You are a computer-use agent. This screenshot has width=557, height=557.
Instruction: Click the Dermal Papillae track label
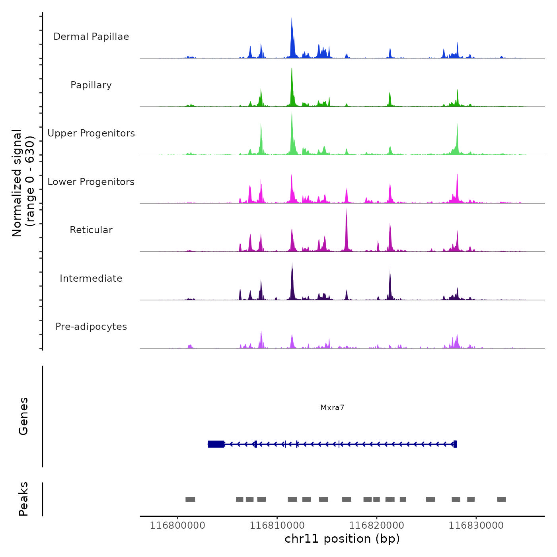pos(91,37)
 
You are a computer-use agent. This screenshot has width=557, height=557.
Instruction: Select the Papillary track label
pos(91,85)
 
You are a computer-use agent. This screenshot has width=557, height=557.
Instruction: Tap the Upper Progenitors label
pos(91,133)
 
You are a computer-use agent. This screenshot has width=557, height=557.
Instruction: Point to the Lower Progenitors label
pos(91,182)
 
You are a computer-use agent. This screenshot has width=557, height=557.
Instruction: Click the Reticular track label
pos(91,230)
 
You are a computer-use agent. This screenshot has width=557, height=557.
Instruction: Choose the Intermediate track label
pos(91,278)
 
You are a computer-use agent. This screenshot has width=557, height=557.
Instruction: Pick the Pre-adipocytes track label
pos(91,327)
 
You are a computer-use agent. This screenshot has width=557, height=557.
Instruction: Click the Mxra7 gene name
pos(332,407)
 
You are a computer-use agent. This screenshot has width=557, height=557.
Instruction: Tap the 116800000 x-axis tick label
pos(177,526)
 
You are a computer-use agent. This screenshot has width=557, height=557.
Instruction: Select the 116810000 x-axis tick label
pos(277,526)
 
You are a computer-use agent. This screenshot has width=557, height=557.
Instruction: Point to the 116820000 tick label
pos(376,526)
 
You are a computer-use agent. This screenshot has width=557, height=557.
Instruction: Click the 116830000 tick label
pos(476,526)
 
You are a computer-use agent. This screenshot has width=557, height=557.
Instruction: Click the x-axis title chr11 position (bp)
pos(342,539)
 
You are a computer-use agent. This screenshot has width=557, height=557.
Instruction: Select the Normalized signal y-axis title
pos(23,183)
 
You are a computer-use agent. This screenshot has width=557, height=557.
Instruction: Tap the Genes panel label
pos(23,416)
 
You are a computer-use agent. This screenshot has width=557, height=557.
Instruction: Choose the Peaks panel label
pos(23,499)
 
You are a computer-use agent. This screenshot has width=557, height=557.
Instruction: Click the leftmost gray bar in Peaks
pos(190,499)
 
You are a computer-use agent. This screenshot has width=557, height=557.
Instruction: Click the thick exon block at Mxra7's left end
pos(216,444)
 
